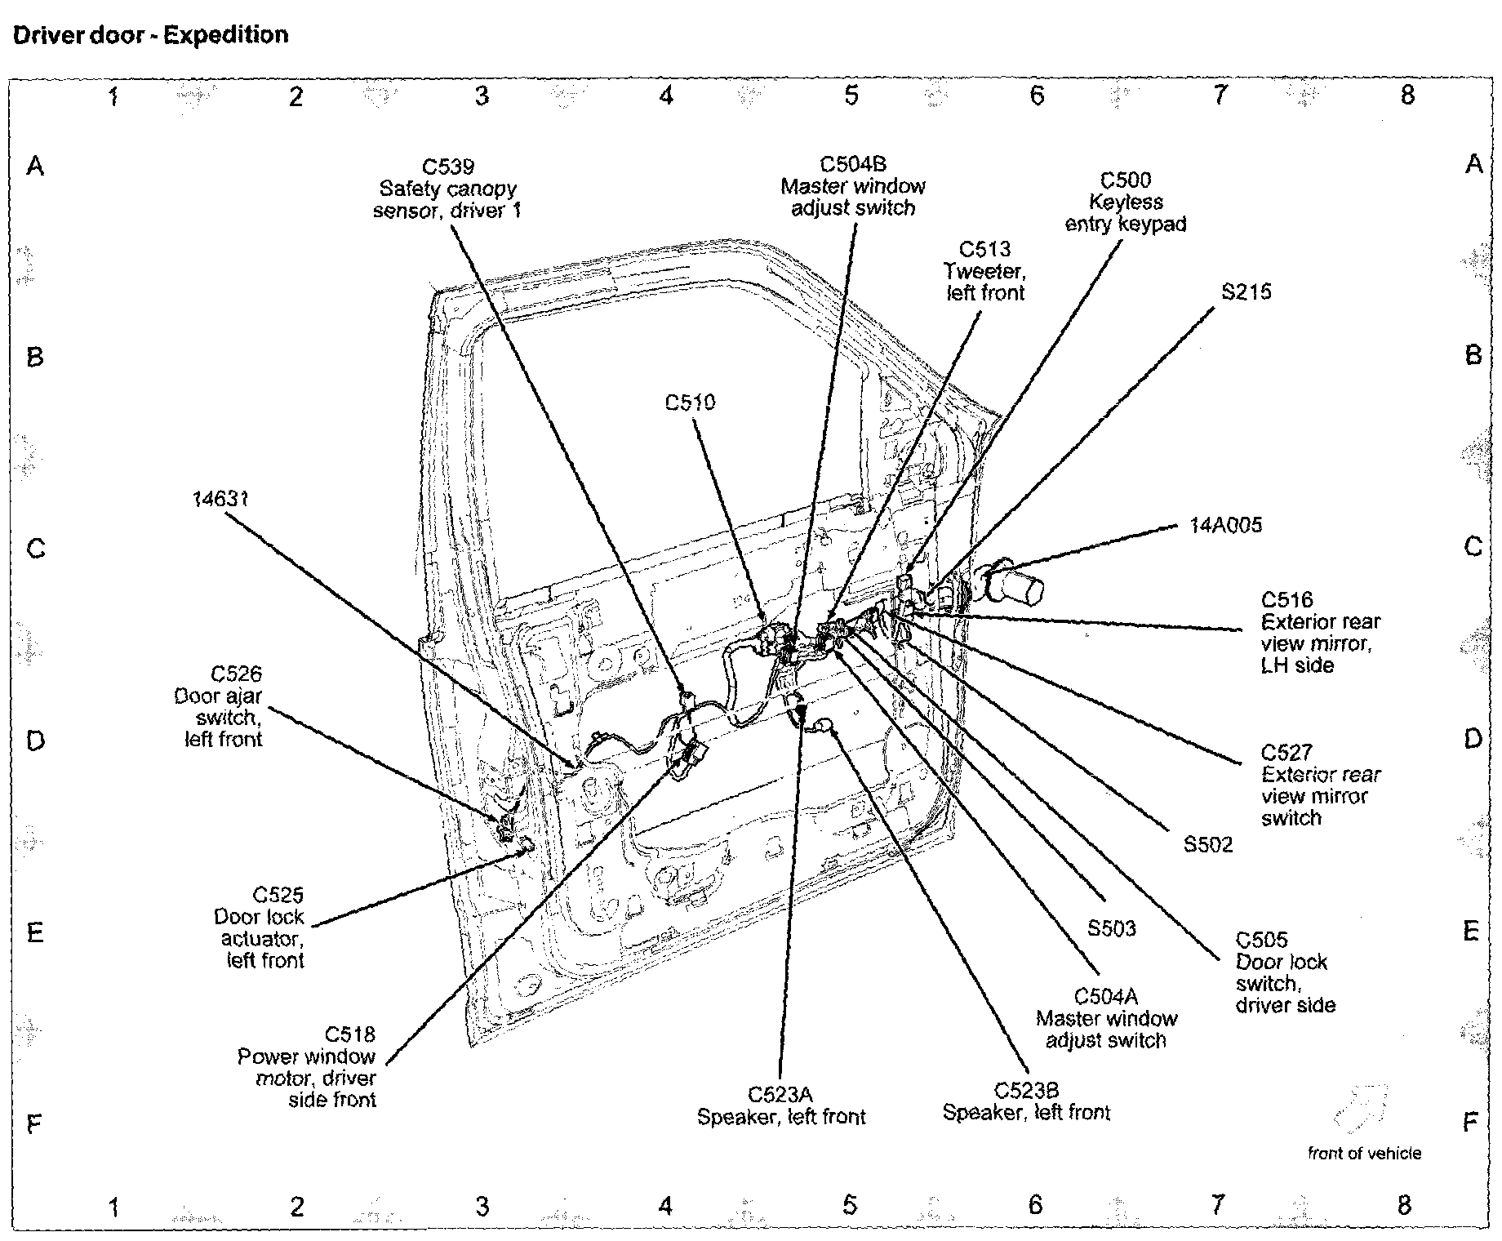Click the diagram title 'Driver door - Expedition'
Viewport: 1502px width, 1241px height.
pyautogui.click(x=149, y=35)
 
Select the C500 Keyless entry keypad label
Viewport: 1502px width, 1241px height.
pyautogui.click(x=1126, y=202)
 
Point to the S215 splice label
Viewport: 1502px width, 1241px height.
pyautogui.click(x=1246, y=292)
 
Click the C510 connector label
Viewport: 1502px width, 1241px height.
pyautogui.click(x=690, y=403)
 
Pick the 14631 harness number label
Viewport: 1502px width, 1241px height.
pyautogui.click(x=220, y=498)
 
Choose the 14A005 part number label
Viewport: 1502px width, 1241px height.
pyautogui.click(x=1225, y=525)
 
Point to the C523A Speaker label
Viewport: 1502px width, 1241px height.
pyautogui.click(x=781, y=1105)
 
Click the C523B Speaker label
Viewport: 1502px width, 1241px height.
pyautogui.click(x=1026, y=1101)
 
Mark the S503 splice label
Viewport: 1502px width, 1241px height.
pyautogui.click(x=1111, y=928)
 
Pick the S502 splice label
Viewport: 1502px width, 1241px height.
pyautogui.click(x=1208, y=844)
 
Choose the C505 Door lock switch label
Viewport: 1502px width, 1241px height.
pyautogui.click(x=1284, y=972)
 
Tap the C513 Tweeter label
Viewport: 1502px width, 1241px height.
pyautogui.click(x=984, y=271)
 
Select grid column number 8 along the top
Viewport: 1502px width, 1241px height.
pyautogui.click(x=1406, y=96)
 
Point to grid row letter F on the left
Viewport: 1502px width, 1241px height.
pyautogui.click(x=33, y=1125)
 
